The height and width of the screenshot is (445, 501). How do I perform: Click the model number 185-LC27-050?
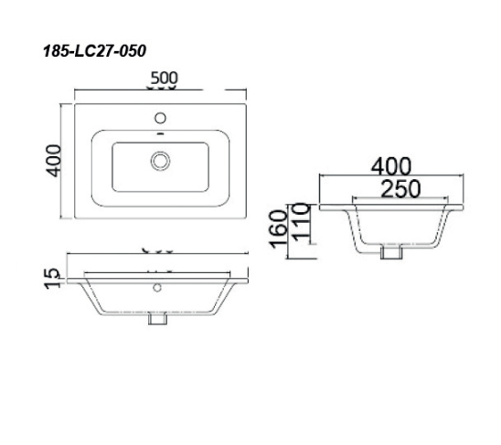[x=93, y=52]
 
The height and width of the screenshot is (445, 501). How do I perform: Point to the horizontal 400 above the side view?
[x=390, y=166]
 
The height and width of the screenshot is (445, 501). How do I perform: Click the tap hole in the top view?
[x=161, y=118]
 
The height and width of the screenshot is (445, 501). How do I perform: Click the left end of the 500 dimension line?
[x=74, y=90]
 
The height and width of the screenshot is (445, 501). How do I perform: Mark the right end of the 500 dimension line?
[x=248, y=90]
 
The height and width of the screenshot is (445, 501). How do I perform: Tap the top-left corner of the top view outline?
[x=75, y=103]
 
